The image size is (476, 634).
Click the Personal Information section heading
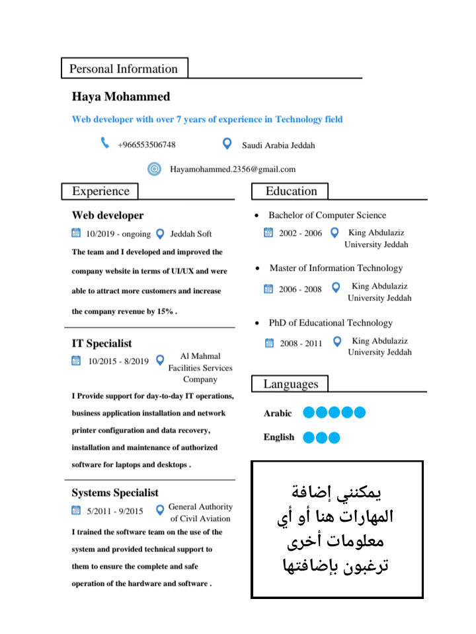pos(124,69)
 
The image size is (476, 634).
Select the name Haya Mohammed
pos(121,96)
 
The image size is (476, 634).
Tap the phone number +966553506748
pos(146,145)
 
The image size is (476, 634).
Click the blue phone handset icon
pos(104,143)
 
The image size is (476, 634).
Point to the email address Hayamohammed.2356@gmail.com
pos(233,169)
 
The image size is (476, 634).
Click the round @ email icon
pos(154,169)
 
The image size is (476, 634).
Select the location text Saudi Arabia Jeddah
pos(278,145)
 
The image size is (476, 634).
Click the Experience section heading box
pos(100,192)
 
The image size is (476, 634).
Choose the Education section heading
pos(291,192)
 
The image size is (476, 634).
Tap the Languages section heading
pos(290,384)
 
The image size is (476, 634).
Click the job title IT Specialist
pos(102,343)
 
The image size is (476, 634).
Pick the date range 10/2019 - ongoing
pos(118,234)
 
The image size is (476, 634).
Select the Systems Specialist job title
pos(115,493)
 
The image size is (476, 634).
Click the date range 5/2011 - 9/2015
pos(115,511)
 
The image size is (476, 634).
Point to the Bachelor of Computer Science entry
pos(327,215)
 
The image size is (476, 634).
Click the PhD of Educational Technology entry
pos(331,323)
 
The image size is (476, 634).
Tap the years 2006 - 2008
pos(300,289)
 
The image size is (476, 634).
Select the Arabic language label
pos(278,413)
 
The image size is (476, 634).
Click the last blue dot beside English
pos(334,437)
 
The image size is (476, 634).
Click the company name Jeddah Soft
pos(191,234)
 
